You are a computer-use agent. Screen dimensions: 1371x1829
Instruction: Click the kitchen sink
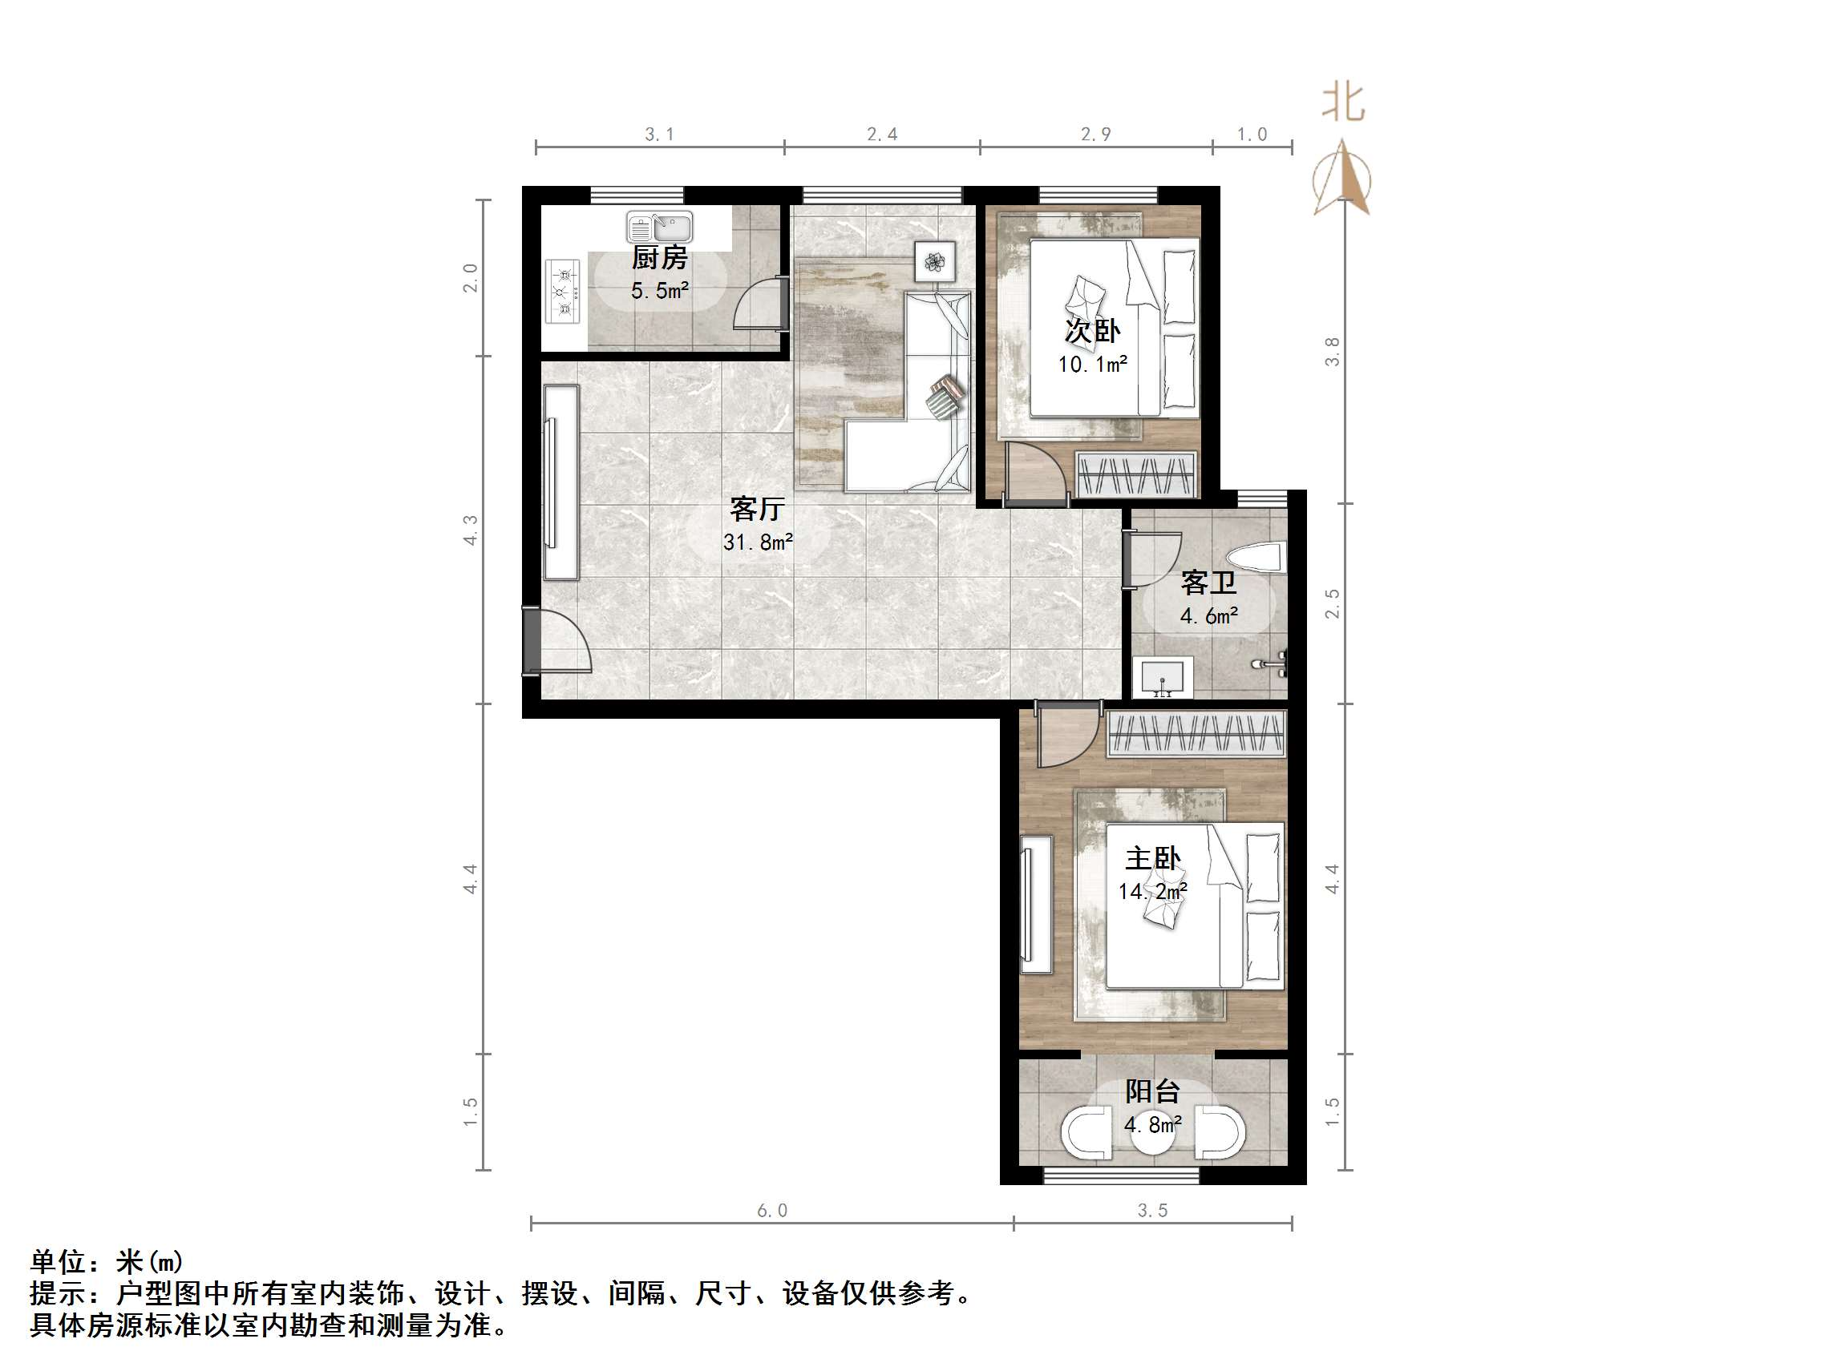coord(659,227)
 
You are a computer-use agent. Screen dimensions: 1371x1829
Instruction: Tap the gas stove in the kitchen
coord(563,292)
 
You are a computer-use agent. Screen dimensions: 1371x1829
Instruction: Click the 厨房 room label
coord(659,258)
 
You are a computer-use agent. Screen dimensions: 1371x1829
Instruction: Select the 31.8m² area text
coord(758,542)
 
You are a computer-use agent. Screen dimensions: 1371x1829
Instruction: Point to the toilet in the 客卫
coord(1256,558)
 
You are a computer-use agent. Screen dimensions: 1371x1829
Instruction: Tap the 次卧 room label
coord(1091,331)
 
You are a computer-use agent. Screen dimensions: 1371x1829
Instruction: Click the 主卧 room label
coord(1152,859)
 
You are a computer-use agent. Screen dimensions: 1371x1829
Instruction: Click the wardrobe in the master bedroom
coord(1196,733)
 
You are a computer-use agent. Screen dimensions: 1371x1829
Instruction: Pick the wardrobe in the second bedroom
coord(1137,475)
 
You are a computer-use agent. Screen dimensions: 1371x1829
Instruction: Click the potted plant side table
coord(934,262)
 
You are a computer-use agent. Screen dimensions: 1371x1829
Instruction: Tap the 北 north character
coord(1342,103)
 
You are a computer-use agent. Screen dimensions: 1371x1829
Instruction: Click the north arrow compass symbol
coord(1342,179)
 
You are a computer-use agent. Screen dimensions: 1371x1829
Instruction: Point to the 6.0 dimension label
coord(771,1211)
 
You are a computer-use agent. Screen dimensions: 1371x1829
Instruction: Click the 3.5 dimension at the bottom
coord(1151,1211)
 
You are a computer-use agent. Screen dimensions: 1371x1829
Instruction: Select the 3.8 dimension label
coord(1331,351)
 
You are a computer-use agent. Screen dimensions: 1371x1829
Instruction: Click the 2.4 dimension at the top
coord(881,134)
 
